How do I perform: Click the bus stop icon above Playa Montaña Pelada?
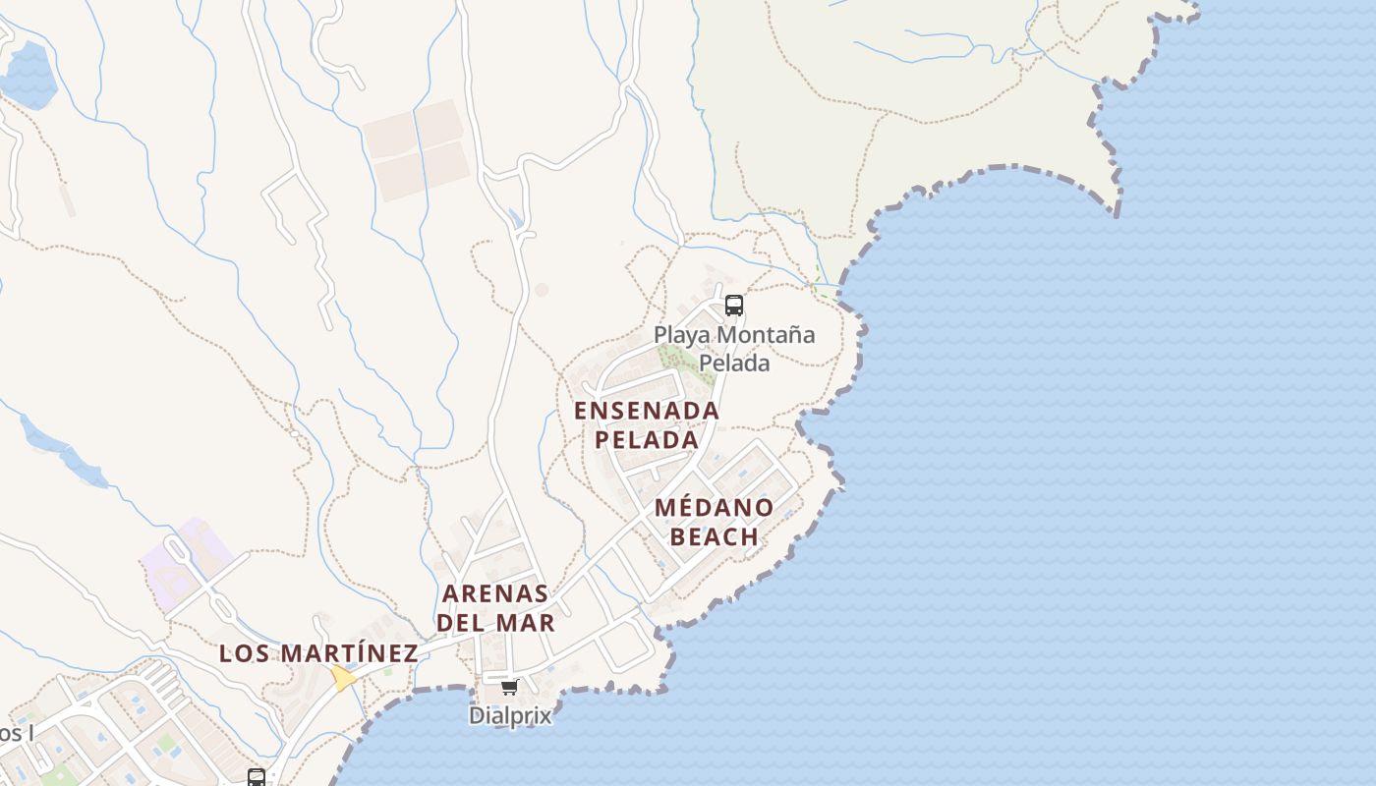pos(734,306)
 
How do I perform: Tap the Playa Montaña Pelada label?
pos(734,348)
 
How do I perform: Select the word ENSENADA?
pos(647,411)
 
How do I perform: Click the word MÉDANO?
pos(714,508)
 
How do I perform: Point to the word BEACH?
pos(715,536)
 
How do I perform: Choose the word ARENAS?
pos(495,593)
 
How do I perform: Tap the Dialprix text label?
pos(510,715)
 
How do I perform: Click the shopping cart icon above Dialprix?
pos(509,688)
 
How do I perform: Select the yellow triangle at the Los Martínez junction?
pos(343,678)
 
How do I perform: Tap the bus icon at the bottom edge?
pos(257,777)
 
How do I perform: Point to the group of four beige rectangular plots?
pos(417,148)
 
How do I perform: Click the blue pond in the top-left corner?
pos(27,74)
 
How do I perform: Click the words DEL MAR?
pos(495,622)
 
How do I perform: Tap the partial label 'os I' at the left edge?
pos(16,733)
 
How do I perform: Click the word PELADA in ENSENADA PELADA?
pos(647,439)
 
